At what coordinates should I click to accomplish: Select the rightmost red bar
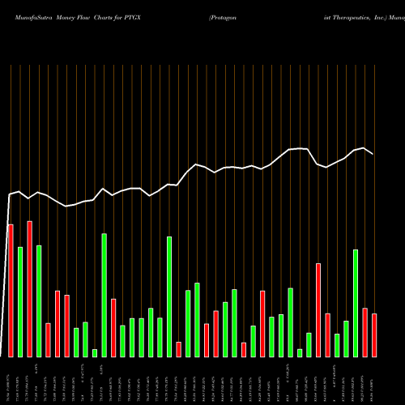tap(374, 335)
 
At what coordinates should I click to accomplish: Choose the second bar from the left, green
tap(20, 301)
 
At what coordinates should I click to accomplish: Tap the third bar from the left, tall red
tap(29, 288)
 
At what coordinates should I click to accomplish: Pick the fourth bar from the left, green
tap(39, 301)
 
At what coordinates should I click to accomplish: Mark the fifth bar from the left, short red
tap(48, 339)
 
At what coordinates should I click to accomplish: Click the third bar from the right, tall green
tap(356, 303)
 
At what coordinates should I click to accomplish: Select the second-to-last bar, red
tap(364, 332)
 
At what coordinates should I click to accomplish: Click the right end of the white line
tap(373, 154)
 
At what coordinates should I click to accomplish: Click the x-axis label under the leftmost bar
tap(11, 381)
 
